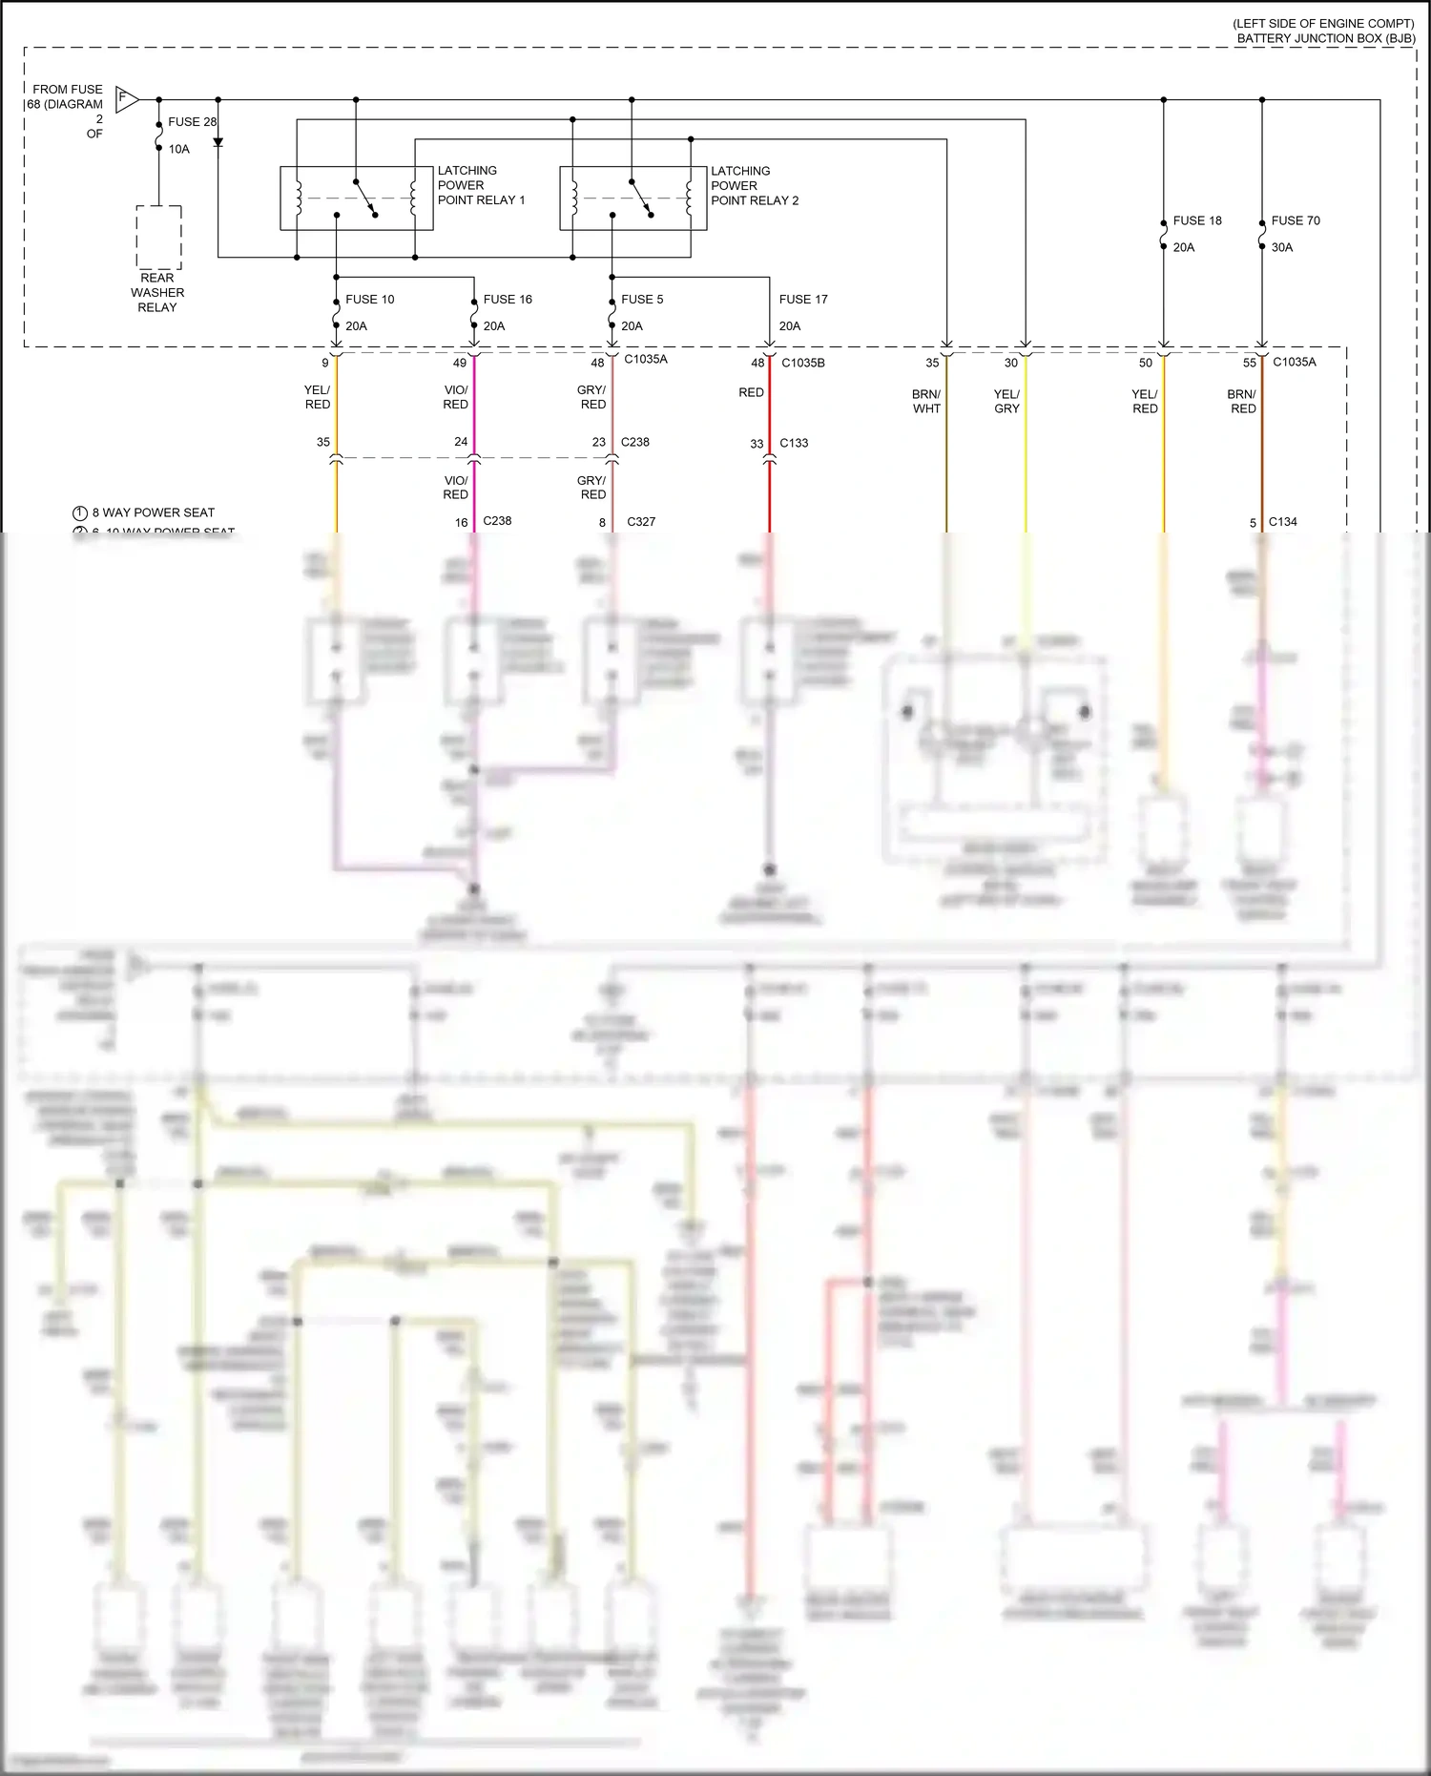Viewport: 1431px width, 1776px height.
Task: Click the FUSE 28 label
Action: pos(192,122)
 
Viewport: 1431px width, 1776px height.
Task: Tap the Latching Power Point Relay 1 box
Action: pos(356,198)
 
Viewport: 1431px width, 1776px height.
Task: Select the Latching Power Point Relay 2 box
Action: pos(633,198)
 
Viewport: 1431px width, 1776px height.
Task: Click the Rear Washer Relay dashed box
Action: pos(158,238)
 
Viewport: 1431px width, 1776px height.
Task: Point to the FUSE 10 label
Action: pos(369,300)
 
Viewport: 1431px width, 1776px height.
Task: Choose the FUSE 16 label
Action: pos(508,300)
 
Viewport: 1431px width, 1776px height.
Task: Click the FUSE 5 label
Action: pos(642,300)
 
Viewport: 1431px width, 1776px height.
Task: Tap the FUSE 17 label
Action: pos(803,300)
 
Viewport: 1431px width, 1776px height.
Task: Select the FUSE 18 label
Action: pos(1197,220)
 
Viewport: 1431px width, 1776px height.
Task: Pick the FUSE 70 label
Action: pos(1296,220)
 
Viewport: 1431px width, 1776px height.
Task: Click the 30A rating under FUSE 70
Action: pos(1282,247)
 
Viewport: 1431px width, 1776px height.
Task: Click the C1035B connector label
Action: pos(803,363)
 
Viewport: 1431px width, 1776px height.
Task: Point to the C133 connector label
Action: pos(794,443)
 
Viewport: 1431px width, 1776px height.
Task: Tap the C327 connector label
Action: pos(641,522)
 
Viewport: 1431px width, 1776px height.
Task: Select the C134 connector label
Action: pos(1283,522)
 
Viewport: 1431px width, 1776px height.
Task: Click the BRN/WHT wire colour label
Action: pos(926,401)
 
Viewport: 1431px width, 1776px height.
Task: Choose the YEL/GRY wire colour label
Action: pos(1006,401)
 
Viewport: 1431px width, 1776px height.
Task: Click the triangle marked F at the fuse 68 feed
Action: pos(126,98)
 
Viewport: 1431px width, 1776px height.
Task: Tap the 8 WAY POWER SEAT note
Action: pos(153,512)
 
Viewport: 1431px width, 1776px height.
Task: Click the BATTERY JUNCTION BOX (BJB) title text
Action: pos(1326,38)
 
